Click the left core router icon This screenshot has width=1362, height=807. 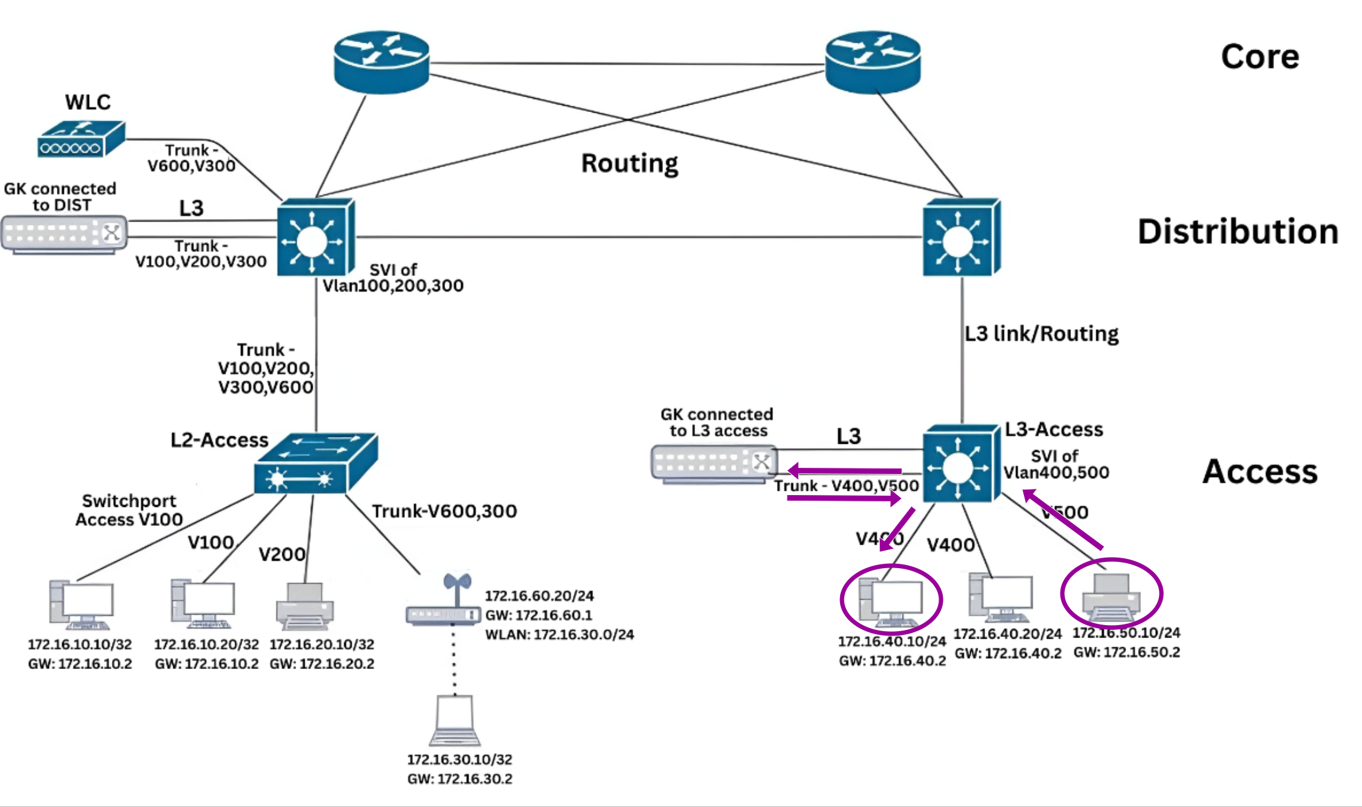(381, 62)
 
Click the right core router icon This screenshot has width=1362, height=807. (873, 62)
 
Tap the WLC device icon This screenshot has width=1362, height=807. (80, 139)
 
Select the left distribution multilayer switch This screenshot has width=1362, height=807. (315, 238)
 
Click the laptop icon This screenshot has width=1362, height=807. (455, 720)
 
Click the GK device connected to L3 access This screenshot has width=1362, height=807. (712, 463)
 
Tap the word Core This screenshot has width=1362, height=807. (1259, 57)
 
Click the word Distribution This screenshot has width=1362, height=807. (1238, 231)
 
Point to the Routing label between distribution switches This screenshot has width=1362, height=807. (629, 163)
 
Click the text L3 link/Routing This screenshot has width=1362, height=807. (1041, 334)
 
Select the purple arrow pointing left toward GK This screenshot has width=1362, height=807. (844, 472)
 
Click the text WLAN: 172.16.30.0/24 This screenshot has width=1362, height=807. (559, 634)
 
